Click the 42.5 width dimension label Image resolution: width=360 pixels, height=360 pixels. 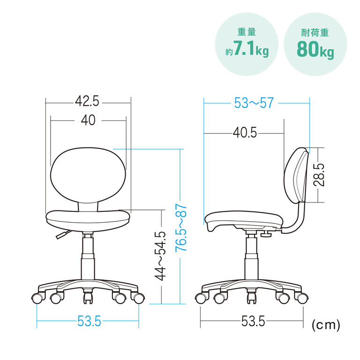[x=87, y=101]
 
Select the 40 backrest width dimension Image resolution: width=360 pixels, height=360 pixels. [x=88, y=120]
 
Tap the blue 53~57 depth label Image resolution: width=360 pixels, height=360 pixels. [x=254, y=103]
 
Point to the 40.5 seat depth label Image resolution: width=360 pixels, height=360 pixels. [x=245, y=133]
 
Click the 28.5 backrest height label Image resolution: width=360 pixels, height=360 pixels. [x=319, y=175]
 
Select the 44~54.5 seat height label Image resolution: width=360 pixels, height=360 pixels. [x=160, y=256]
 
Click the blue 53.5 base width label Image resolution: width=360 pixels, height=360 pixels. [x=89, y=321]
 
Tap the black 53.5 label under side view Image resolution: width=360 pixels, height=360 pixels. [x=253, y=321]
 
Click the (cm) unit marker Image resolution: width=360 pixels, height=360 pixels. [x=326, y=325]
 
